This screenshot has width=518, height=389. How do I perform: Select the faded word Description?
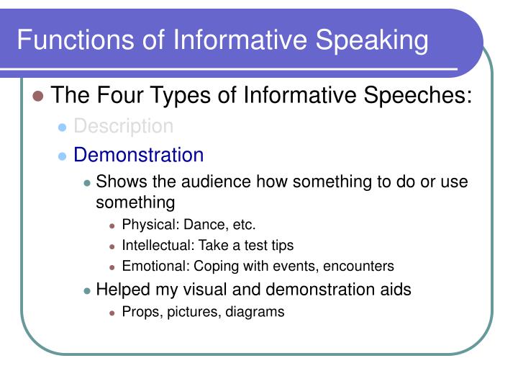(x=124, y=126)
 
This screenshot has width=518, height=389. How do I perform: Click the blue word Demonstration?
(x=139, y=155)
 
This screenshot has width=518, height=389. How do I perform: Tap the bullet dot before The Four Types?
(x=39, y=95)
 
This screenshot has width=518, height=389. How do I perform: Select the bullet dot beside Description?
(x=62, y=128)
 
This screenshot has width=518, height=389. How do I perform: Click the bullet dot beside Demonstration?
(x=62, y=156)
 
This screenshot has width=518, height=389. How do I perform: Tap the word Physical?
(x=145, y=225)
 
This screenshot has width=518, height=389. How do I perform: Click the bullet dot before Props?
(x=112, y=313)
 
